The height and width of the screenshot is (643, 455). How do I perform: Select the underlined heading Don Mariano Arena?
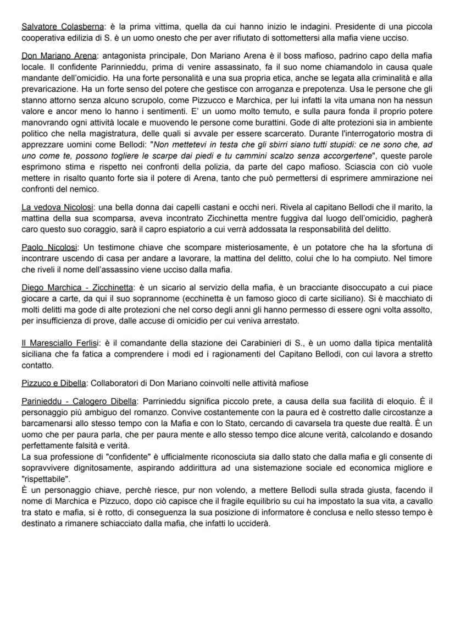[59, 56]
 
